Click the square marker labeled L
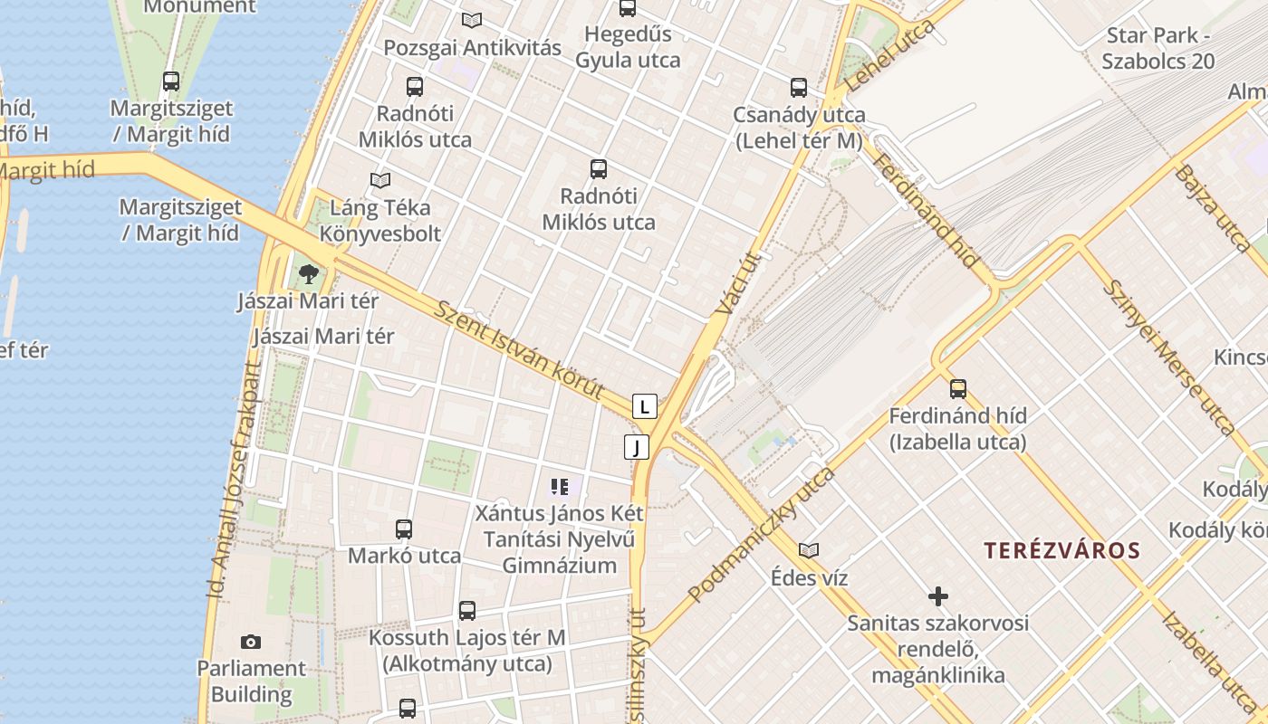click(644, 406)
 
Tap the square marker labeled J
click(637, 446)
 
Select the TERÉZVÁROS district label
click(1062, 550)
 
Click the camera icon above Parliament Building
click(251, 642)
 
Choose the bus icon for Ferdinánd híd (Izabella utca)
click(957, 389)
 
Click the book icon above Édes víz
click(809, 550)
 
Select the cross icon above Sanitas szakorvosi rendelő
click(938, 596)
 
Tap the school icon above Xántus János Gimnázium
click(559, 488)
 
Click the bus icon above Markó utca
click(404, 529)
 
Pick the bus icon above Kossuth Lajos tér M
click(466, 611)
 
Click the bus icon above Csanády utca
click(798, 88)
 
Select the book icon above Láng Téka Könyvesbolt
click(380, 180)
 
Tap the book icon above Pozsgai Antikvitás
click(471, 20)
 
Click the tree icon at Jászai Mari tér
click(308, 273)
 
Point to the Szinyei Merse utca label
click(1167, 357)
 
